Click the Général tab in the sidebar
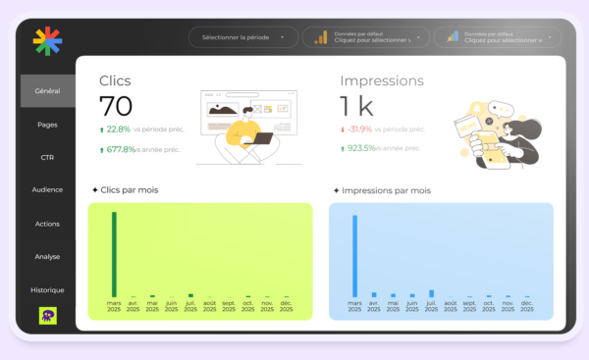click(47, 91)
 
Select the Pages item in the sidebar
click(47, 125)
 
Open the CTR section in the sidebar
click(47, 157)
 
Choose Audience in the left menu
click(47, 190)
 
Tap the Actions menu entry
click(47, 224)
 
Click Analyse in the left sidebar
click(47, 257)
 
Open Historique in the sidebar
click(47, 290)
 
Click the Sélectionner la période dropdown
click(242, 37)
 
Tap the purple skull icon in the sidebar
click(47, 315)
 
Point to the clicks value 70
click(116, 106)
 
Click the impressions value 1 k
click(357, 106)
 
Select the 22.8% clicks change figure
click(118, 129)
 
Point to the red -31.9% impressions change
click(360, 129)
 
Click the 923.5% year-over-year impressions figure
click(360, 149)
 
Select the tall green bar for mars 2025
click(114, 253)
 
